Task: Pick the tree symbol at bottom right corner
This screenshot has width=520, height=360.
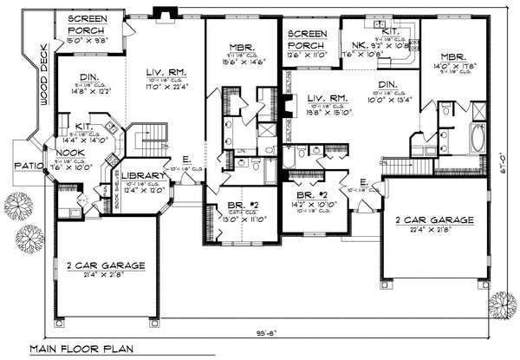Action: coord(501,304)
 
